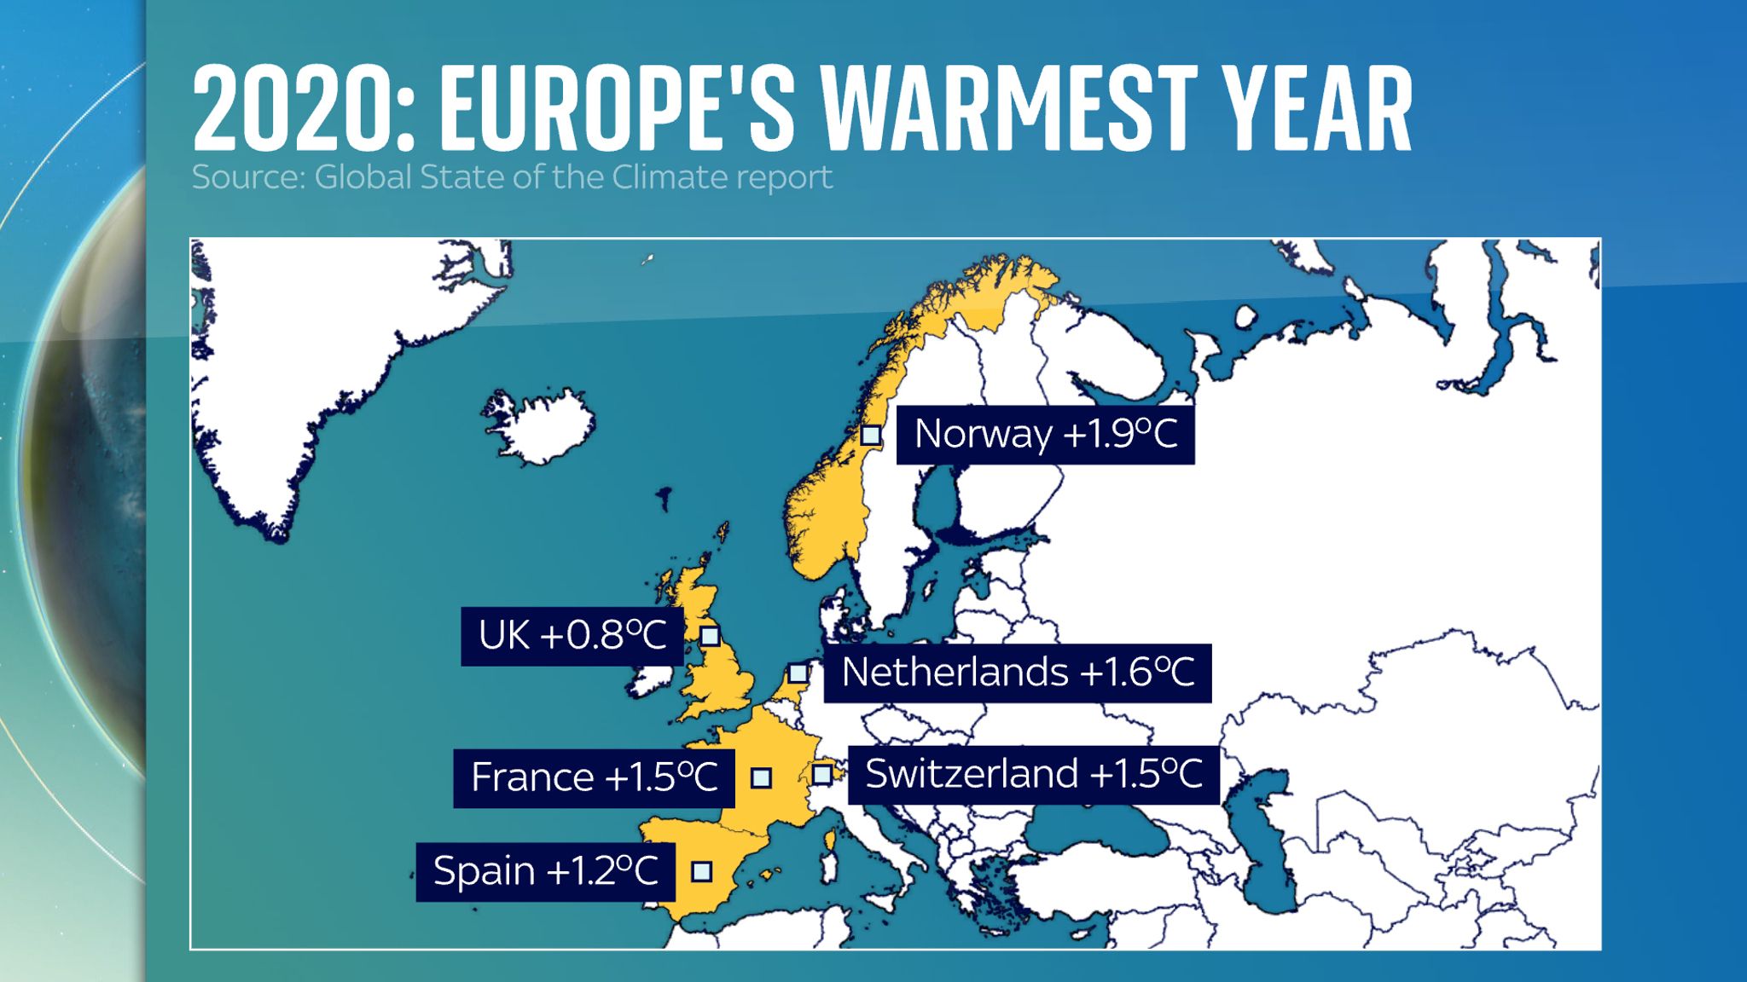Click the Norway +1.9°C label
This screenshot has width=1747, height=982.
[1045, 435]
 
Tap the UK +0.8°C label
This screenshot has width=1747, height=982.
[572, 636]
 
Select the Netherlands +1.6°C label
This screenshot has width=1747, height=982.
[1017, 673]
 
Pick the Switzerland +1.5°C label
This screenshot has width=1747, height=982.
[1033, 774]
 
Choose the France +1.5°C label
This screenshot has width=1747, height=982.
[594, 777]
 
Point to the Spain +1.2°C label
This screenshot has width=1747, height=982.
[545, 871]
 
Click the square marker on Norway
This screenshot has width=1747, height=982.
[870, 436]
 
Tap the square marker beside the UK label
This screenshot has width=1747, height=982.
[710, 636]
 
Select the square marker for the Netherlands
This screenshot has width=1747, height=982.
[798, 673]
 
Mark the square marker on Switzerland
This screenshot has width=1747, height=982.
[822, 774]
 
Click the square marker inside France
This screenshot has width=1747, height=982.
[761, 777]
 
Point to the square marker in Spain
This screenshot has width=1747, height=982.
[701, 871]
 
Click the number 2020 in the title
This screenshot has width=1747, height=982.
[299, 109]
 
